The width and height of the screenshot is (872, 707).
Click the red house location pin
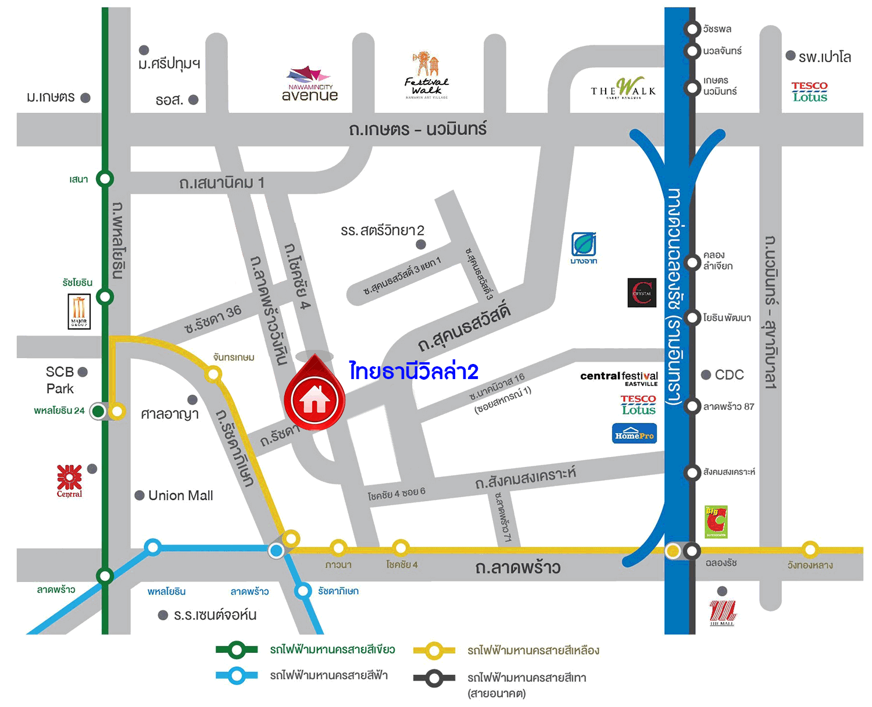click(315, 398)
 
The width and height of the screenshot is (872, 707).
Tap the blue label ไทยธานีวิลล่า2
click(413, 372)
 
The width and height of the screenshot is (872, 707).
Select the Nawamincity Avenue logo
click(309, 85)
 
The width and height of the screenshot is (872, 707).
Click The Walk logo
click(623, 89)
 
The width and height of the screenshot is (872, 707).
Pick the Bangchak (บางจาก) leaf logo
click(584, 247)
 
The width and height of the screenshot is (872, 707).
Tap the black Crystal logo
click(642, 292)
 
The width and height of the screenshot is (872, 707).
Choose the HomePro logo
click(634, 434)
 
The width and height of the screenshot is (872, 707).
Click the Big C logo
click(716, 522)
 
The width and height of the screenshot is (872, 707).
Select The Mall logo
click(722, 613)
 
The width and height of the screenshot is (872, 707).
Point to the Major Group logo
click(79, 312)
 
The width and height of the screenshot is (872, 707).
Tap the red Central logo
click(70, 480)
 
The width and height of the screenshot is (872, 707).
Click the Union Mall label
click(180, 495)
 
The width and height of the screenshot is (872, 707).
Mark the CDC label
click(729, 375)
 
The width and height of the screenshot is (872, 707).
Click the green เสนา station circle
click(105, 178)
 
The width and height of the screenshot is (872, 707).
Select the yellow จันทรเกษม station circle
click(213, 374)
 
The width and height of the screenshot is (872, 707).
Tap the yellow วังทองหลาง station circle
click(810, 549)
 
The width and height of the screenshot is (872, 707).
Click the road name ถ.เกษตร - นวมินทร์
click(417, 129)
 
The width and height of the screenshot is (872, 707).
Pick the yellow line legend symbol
click(434, 651)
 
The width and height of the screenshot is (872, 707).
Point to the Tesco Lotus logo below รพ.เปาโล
click(809, 92)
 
